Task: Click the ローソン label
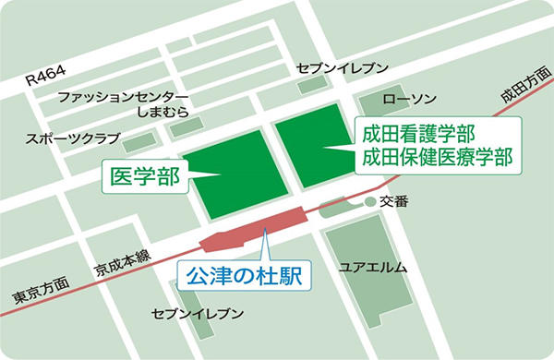[408, 99]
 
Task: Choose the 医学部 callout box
[144, 174]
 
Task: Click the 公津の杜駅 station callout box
[244, 275]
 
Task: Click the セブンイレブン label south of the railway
[198, 314]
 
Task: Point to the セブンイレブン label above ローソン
[342, 68]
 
